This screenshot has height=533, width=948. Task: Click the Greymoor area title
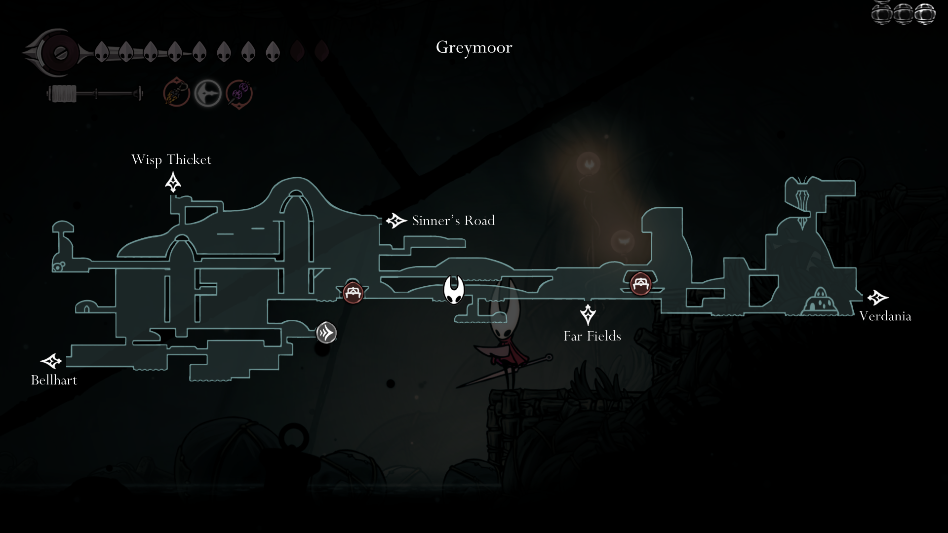click(x=474, y=47)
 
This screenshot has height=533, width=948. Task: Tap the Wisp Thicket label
click(x=171, y=160)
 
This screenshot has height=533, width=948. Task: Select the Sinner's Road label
click(x=453, y=221)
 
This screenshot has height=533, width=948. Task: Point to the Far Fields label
click(x=592, y=336)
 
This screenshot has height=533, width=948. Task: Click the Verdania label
click(x=885, y=316)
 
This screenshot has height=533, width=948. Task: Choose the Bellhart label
click(x=54, y=380)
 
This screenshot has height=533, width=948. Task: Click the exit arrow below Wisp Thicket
click(x=173, y=182)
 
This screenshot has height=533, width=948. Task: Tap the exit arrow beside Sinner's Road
click(x=396, y=221)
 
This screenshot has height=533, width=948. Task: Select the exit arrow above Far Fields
click(x=588, y=314)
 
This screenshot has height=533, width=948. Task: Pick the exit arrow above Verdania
click(x=877, y=298)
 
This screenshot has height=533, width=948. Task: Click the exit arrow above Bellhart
click(x=51, y=361)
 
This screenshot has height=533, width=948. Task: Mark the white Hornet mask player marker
click(x=454, y=290)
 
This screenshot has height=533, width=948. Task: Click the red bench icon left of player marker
click(x=353, y=293)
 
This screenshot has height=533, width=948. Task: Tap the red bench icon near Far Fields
click(x=640, y=284)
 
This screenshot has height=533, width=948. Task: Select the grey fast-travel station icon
click(x=326, y=333)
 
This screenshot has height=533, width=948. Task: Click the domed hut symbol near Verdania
click(x=820, y=302)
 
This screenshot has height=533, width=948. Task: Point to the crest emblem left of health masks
click(x=57, y=53)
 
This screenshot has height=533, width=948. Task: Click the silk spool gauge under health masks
click(x=94, y=93)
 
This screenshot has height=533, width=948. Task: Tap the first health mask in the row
click(x=102, y=51)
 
